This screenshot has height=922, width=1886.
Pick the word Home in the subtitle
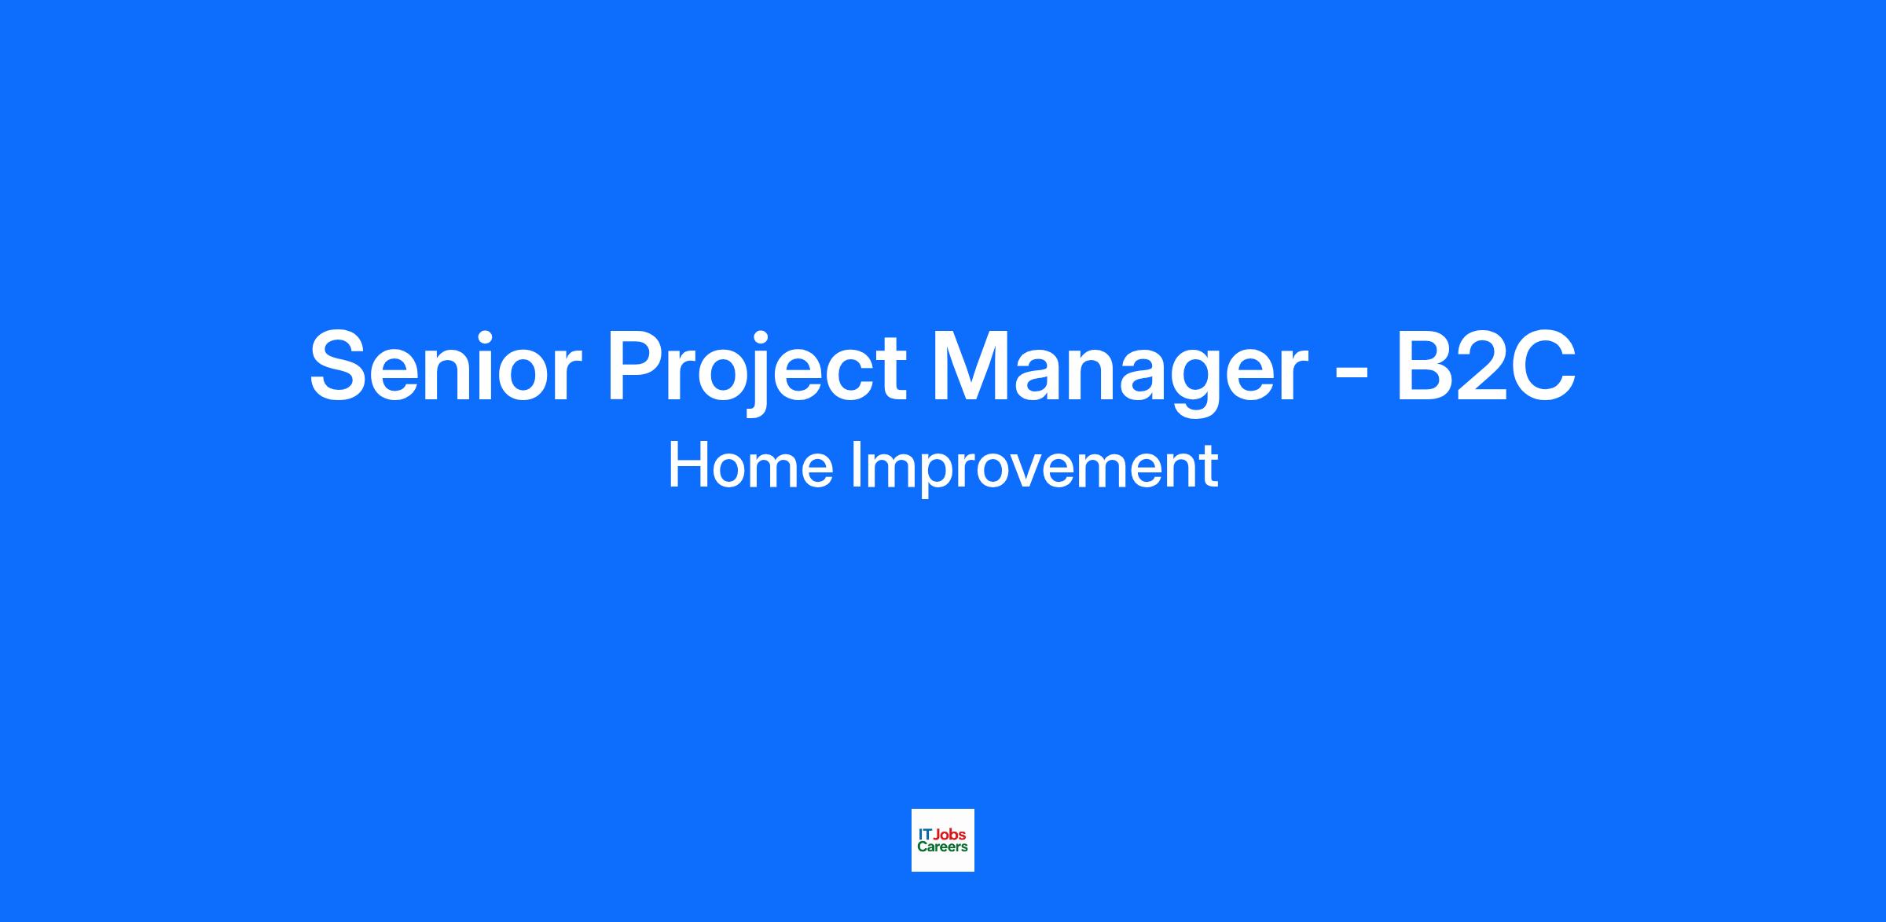750,466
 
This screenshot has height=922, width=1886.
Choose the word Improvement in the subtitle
1035,470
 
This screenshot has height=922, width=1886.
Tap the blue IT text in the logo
925,835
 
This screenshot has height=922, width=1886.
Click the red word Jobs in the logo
949,835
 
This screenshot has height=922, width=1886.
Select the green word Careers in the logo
942,847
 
